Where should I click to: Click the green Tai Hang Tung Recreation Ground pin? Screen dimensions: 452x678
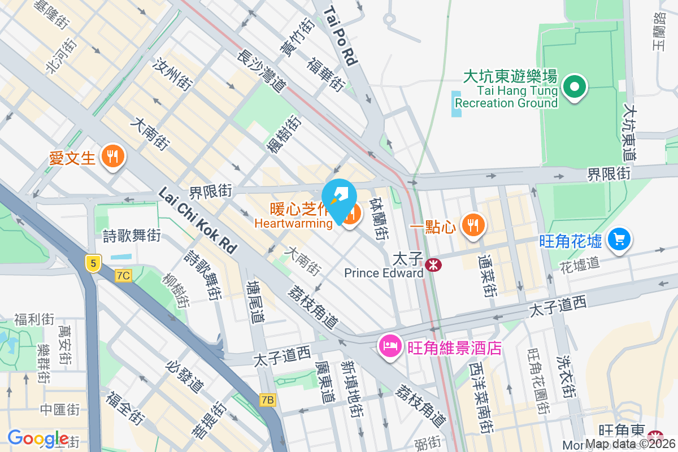click(575, 87)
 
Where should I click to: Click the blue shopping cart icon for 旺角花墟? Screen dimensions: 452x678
click(619, 240)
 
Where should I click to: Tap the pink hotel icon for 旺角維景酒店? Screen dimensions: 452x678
click(389, 345)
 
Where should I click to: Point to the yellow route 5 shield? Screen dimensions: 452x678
click(93, 262)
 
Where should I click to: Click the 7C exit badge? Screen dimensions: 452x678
click(123, 276)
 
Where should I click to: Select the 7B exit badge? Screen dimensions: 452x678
click(268, 400)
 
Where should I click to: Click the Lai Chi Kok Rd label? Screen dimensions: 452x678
click(198, 220)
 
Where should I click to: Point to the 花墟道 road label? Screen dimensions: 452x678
click(579, 263)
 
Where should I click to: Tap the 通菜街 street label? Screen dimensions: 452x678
click(486, 276)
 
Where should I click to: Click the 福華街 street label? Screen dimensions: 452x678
click(325, 73)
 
